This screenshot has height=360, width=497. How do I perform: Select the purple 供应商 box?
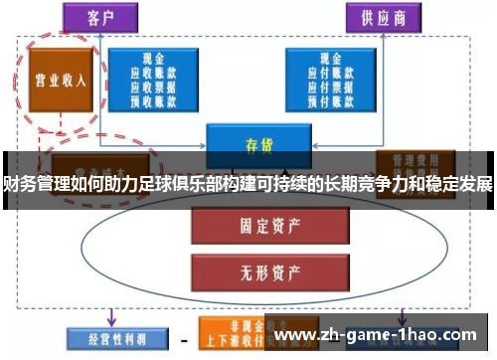click(x=382, y=17)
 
